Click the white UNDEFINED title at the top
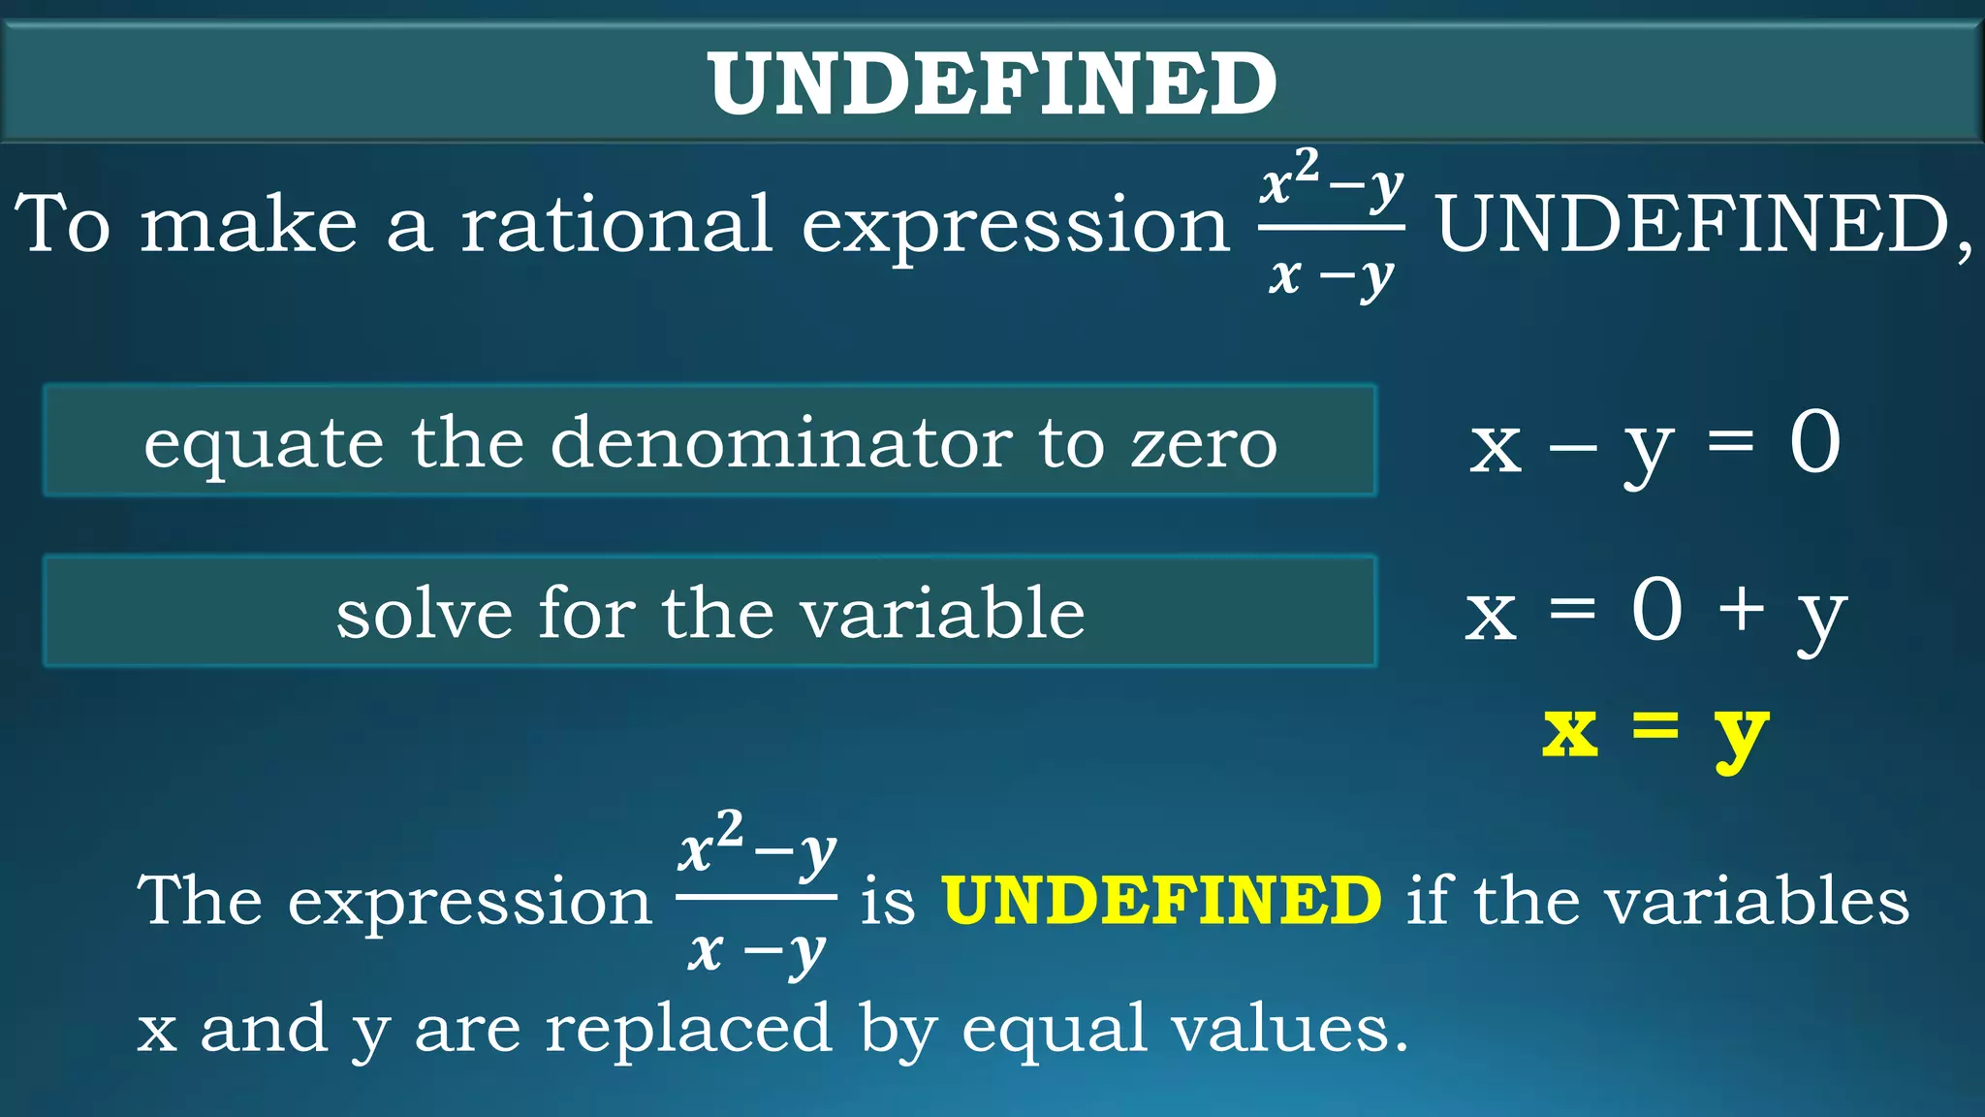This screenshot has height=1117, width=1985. tap(992, 83)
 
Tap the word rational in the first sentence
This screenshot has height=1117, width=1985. tap(616, 224)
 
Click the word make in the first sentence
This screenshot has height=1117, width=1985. tap(248, 224)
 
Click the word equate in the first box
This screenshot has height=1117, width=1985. tap(263, 444)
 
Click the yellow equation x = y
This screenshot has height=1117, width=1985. tap(1654, 732)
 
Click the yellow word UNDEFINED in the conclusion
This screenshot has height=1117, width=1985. tap(1161, 900)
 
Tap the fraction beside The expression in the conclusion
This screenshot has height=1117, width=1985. tap(756, 898)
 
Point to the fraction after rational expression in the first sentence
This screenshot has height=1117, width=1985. tap(1332, 226)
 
